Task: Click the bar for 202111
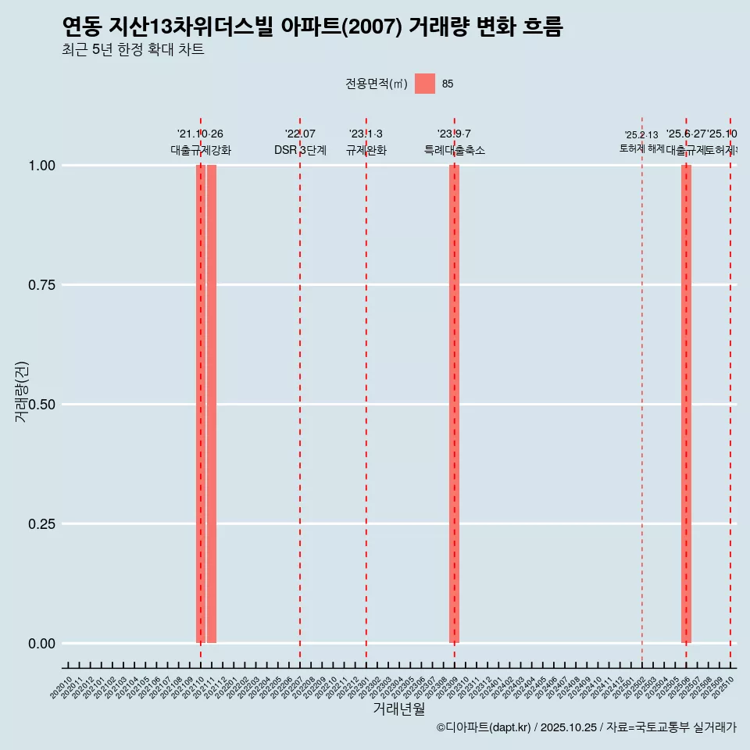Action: pyautogui.click(x=212, y=404)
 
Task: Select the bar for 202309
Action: pyautogui.click(x=454, y=404)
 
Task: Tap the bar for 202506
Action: pyautogui.click(x=686, y=404)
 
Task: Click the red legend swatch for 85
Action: pyautogui.click(x=425, y=84)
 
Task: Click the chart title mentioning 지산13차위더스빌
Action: pyautogui.click(x=312, y=27)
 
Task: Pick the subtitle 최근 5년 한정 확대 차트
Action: pyautogui.click(x=133, y=50)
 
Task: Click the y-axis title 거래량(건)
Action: pyautogui.click(x=22, y=391)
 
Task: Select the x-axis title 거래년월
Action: pyautogui.click(x=399, y=709)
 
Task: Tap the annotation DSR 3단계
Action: pyautogui.click(x=300, y=150)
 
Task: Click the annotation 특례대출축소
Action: pyautogui.click(x=454, y=150)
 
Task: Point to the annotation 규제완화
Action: pyautogui.click(x=366, y=150)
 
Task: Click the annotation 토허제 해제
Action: pyautogui.click(x=641, y=148)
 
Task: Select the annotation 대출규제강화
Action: pyautogui.click(x=201, y=150)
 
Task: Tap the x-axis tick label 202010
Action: pyautogui.click(x=62, y=687)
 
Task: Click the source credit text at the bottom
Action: pyautogui.click(x=586, y=727)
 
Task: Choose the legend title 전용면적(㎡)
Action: pyautogui.click(x=377, y=84)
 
